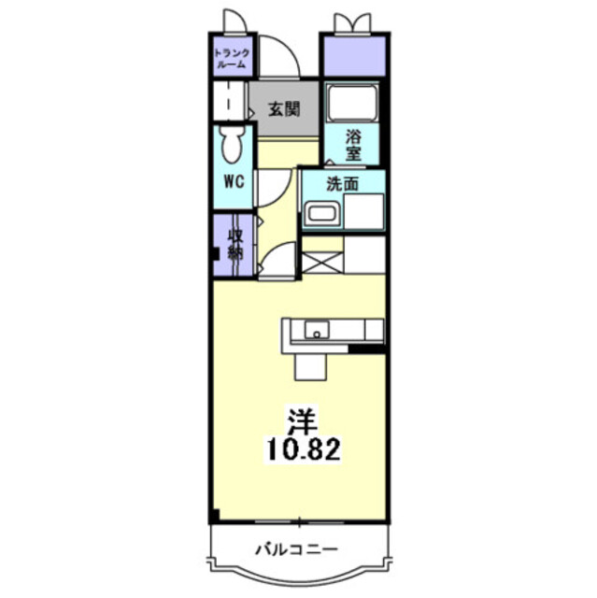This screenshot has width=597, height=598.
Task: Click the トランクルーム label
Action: click(x=232, y=58)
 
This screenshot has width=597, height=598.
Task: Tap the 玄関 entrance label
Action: click(x=284, y=109)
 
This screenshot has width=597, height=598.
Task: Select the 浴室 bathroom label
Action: click(x=353, y=145)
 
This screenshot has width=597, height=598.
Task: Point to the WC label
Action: click(x=235, y=182)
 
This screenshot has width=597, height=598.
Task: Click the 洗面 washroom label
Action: click(x=343, y=184)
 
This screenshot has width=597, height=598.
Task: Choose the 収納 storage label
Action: click(x=235, y=244)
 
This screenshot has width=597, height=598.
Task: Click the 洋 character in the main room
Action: click(x=303, y=420)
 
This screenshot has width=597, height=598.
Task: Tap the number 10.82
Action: click(x=304, y=449)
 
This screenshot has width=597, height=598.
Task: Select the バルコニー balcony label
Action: click(x=296, y=549)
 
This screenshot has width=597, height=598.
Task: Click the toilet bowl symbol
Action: click(x=233, y=145)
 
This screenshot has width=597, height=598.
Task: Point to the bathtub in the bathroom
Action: click(x=352, y=103)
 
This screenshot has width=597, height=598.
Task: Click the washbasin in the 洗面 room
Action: click(x=322, y=214)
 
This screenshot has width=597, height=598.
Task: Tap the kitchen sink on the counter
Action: click(x=317, y=330)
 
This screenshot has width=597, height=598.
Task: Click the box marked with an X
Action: click(x=322, y=263)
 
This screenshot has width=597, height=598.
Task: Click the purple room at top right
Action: click(x=354, y=56)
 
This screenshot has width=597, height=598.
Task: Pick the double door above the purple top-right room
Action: click(x=352, y=23)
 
